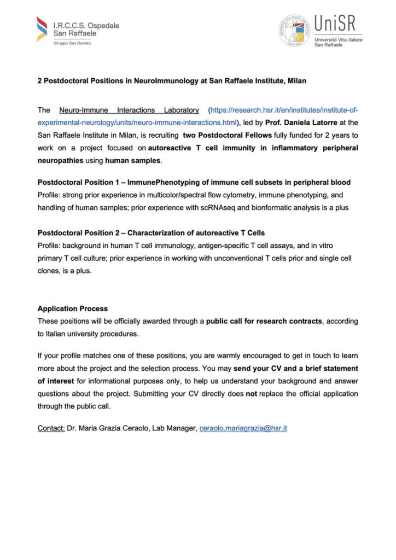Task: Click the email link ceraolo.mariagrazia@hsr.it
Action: coord(243,428)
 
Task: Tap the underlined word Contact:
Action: coord(51,428)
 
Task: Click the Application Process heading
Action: coord(72,308)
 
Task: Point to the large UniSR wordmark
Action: coord(335,24)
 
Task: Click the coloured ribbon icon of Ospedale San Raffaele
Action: coord(42,29)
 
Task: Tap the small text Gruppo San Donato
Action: coord(72,43)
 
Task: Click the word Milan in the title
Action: coord(296,81)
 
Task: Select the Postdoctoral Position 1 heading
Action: coord(194,182)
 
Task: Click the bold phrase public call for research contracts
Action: coord(264,321)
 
